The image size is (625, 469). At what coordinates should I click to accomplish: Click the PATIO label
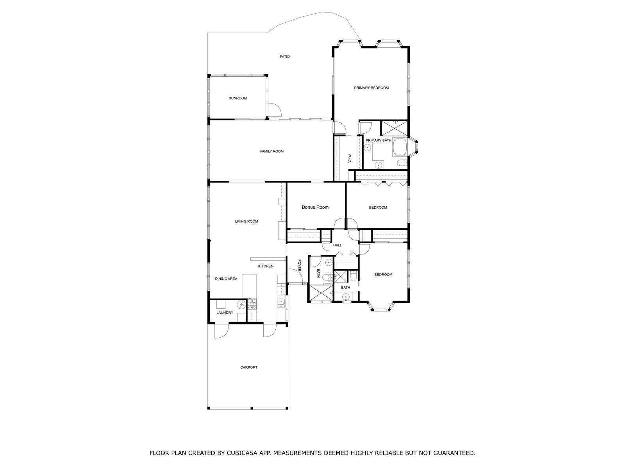point(284,57)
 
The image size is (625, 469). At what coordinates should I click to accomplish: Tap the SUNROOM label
point(238,98)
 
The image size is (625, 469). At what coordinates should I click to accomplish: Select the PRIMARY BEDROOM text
point(371,88)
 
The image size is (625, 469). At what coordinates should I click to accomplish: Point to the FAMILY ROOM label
point(271,152)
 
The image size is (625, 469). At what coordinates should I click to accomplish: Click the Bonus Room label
point(315,207)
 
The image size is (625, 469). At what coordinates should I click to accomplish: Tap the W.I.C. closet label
point(350,159)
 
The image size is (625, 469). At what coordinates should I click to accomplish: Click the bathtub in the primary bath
point(400,147)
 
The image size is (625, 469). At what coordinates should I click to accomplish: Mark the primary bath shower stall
point(395,128)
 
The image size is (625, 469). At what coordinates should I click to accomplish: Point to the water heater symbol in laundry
point(241,305)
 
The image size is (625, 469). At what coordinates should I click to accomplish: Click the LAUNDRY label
point(225,313)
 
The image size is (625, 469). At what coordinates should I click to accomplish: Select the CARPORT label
point(248,368)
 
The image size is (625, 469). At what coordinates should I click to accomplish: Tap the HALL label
point(337,245)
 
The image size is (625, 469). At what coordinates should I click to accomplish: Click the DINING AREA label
point(226,279)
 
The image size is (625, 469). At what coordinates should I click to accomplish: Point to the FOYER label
point(299,265)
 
